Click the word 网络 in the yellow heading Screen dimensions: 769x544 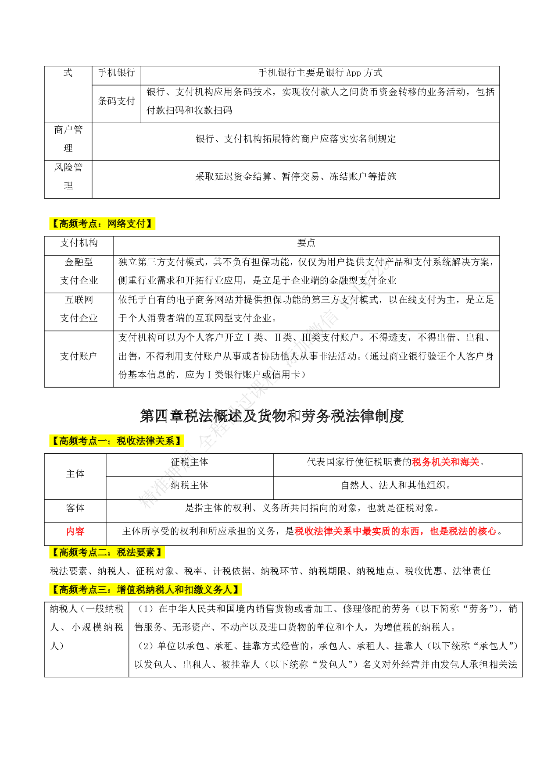(117, 224)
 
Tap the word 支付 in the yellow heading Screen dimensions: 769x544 (136, 224)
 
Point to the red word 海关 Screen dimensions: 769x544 (469, 462)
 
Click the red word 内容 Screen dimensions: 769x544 (75, 531)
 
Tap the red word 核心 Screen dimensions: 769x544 (487, 531)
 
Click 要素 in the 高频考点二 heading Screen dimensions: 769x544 (146, 552)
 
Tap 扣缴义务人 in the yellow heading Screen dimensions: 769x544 (208, 590)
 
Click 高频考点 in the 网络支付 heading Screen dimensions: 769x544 (78, 224)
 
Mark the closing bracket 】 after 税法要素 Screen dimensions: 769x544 (160, 552)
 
